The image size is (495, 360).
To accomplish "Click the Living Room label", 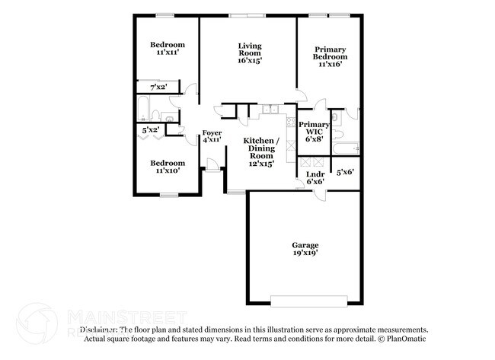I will (x=249, y=53).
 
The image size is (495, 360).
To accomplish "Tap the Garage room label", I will (x=305, y=248).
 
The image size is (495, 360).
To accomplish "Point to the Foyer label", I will (x=212, y=136).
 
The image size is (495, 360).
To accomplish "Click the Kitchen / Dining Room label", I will (x=260, y=152).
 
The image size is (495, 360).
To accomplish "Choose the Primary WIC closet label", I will (x=314, y=131).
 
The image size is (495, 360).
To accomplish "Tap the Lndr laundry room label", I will (x=315, y=178).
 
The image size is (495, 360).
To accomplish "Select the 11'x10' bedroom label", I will (x=167, y=167).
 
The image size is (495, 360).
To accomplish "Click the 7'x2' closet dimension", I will (x=158, y=88).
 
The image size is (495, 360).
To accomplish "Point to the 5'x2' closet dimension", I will (x=151, y=130).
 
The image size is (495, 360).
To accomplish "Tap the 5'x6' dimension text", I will (x=346, y=172).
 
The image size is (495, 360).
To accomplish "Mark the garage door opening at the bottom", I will (x=310, y=298).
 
